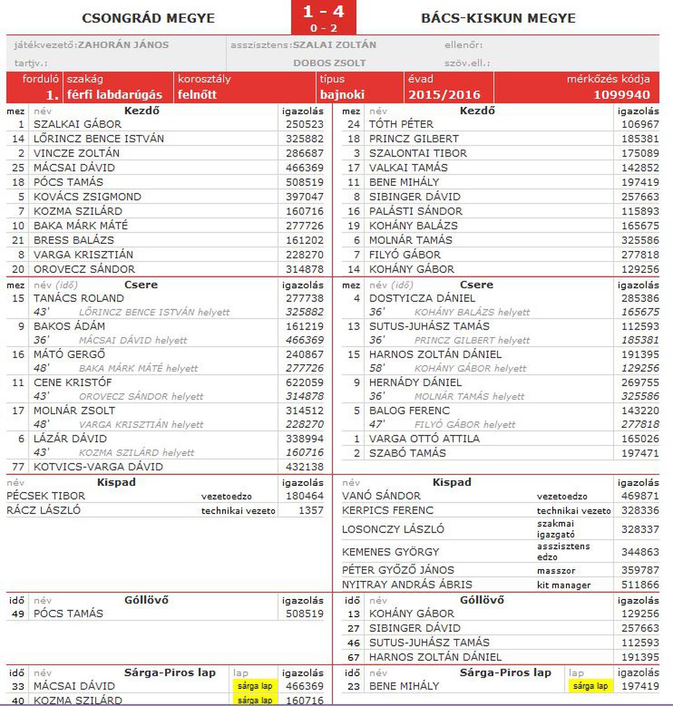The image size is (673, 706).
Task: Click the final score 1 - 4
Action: [324, 12]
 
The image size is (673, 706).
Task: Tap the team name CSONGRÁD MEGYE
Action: [148, 18]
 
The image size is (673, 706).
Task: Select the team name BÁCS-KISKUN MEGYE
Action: [498, 18]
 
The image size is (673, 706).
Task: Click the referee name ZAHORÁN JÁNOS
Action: [123, 45]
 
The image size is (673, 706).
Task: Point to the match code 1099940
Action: [622, 95]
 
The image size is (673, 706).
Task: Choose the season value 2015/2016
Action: [444, 95]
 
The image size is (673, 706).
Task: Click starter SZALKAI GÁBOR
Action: [77, 125]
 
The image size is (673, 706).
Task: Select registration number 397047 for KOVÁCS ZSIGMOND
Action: [304, 197]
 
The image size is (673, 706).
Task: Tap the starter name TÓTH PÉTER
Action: [401, 125]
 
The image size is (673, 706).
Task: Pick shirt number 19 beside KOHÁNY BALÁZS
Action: [354, 226]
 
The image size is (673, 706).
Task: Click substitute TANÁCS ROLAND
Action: [78, 298]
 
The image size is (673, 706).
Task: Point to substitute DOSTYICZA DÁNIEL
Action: [422, 298]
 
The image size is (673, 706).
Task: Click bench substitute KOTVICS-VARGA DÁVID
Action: [98, 467]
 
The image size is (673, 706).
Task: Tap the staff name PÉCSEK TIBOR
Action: [46, 496]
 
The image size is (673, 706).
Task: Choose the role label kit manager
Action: [564, 585]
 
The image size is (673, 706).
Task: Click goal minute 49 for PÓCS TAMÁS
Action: [18, 614]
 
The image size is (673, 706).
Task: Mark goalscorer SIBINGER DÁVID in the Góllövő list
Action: [415, 628]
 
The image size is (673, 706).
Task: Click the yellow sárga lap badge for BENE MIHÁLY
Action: [590, 686]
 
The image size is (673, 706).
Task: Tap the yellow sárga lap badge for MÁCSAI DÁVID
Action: [255, 686]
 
